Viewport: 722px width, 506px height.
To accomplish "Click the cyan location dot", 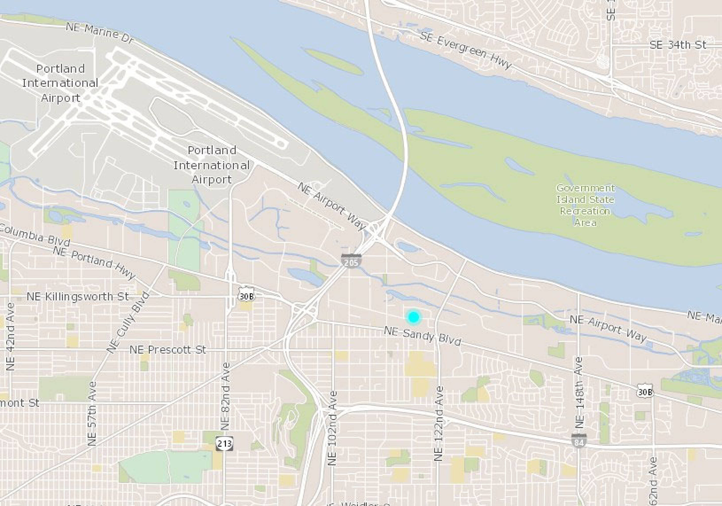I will pyautogui.click(x=413, y=317).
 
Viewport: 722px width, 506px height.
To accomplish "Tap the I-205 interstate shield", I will pyautogui.click(x=351, y=261).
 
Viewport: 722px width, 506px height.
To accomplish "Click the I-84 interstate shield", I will pyautogui.click(x=579, y=441).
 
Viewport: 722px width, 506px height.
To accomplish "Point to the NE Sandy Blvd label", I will pyautogui.click(x=422, y=336).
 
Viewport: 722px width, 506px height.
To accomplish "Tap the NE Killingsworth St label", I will pyautogui.click(x=78, y=297).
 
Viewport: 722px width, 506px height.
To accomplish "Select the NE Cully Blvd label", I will pyautogui.click(x=128, y=323).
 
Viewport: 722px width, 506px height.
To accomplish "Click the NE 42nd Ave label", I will pyautogui.click(x=10, y=336).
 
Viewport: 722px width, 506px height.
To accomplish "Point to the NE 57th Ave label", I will pyautogui.click(x=92, y=413).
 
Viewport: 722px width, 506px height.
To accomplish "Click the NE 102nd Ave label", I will pyautogui.click(x=332, y=428).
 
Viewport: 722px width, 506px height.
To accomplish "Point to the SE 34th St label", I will pyautogui.click(x=678, y=45).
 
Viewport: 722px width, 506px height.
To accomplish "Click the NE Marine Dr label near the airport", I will pyautogui.click(x=100, y=32).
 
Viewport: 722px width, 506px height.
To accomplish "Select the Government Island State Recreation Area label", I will pyautogui.click(x=585, y=205).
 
